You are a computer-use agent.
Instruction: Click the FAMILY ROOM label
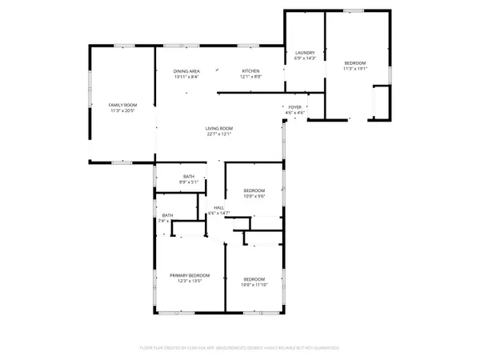coord(123,105)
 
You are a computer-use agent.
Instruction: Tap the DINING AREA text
coord(186,71)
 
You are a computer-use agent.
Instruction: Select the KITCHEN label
coord(251,71)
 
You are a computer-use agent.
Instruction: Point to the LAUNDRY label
coord(305,52)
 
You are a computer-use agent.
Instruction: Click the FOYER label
coord(296,106)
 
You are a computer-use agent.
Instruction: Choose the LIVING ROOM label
coord(218,128)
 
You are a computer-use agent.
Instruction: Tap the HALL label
coord(218,208)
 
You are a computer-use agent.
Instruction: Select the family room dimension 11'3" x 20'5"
coord(123,111)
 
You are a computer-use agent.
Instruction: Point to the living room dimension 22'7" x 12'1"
coord(218,134)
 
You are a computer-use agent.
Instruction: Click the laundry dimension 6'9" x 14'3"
coord(305,58)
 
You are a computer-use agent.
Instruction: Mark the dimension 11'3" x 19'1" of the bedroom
coord(355,69)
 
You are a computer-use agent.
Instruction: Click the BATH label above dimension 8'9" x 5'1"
coord(189,176)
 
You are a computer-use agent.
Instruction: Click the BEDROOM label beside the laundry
coord(355,62)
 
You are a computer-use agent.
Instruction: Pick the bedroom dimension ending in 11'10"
coord(254,285)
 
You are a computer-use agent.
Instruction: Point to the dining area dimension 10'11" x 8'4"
coord(186,77)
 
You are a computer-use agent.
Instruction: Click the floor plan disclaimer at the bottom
coord(240,348)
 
